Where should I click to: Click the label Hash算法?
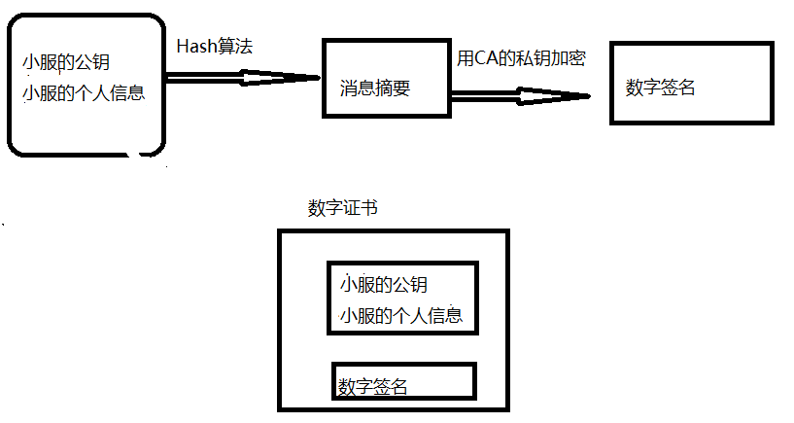(x=215, y=46)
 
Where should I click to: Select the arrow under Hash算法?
(x=243, y=77)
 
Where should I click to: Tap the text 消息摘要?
(x=375, y=88)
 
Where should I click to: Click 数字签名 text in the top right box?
(x=661, y=87)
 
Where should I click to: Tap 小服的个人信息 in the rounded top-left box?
(x=83, y=93)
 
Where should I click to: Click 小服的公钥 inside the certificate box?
(x=384, y=285)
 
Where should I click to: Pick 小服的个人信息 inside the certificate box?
(x=401, y=315)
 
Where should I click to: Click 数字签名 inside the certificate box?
(x=373, y=386)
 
